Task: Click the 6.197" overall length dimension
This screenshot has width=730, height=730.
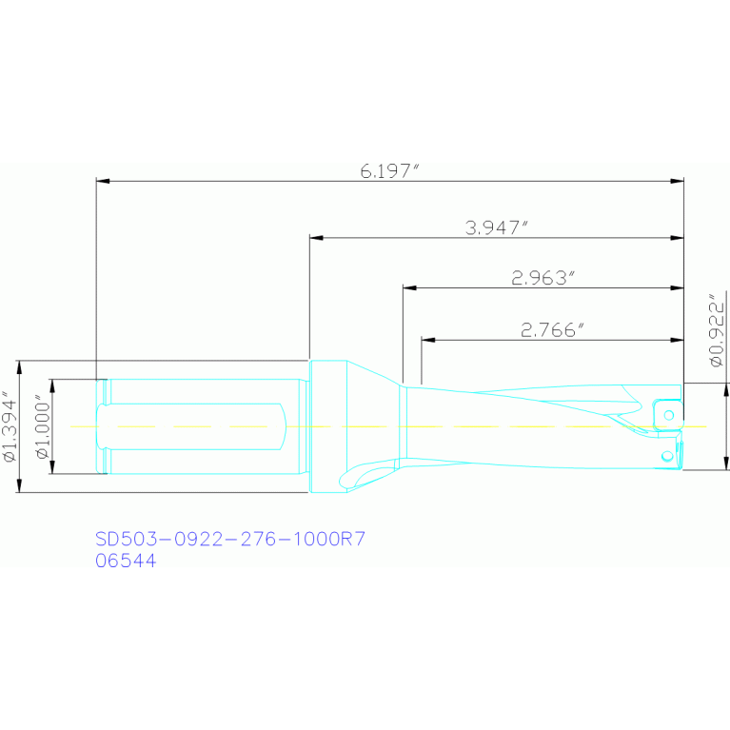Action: click(389, 171)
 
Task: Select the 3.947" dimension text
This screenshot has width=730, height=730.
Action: click(496, 227)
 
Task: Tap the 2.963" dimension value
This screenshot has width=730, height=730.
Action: click(544, 278)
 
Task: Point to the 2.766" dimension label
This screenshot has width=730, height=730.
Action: click(552, 330)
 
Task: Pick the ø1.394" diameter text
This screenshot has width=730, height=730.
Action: click(10, 426)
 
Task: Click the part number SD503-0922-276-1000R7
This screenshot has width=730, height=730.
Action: click(230, 540)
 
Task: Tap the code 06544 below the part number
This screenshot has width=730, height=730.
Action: click(126, 562)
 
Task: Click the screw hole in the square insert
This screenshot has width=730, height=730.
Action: click(670, 415)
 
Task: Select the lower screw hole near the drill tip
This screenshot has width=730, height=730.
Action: click(668, 458)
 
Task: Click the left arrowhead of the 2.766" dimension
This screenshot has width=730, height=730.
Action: click(425, 339)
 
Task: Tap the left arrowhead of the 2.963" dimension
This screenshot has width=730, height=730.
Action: click(408, 286)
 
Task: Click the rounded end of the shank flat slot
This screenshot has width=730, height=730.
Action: click(283, 425)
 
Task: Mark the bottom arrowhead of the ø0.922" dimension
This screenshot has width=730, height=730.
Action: click(726, 465)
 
